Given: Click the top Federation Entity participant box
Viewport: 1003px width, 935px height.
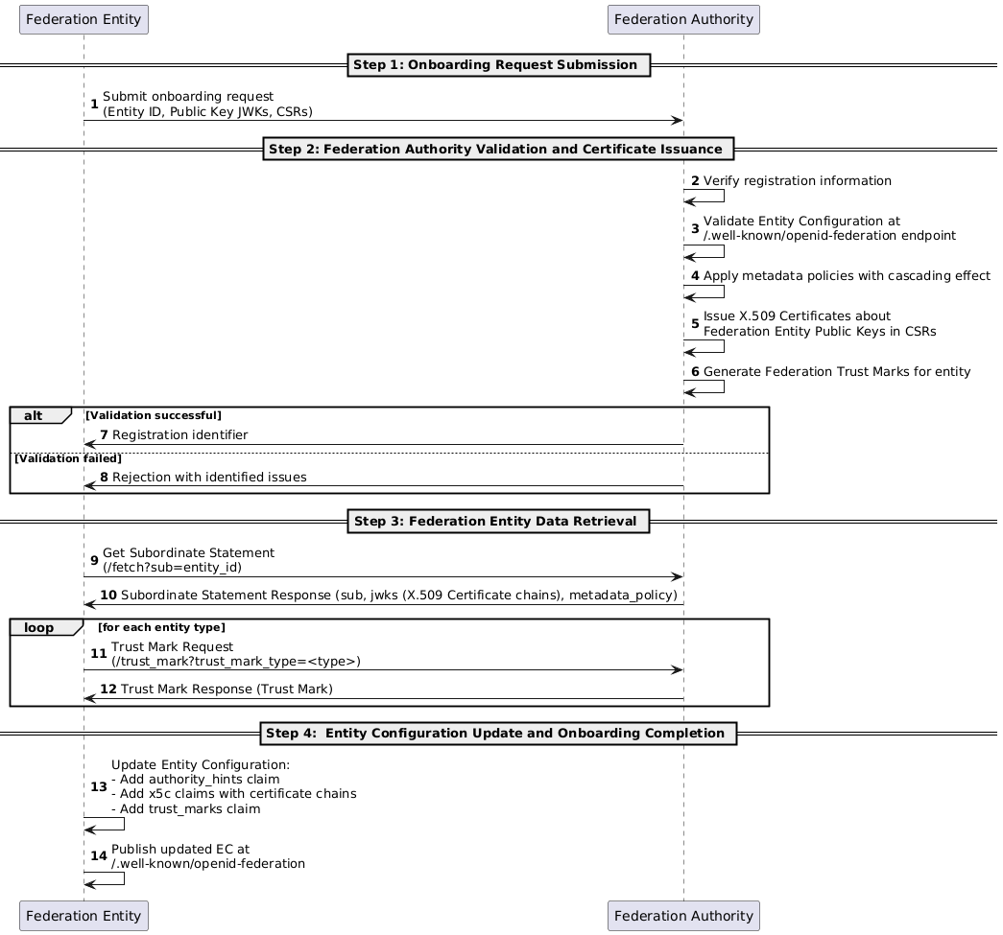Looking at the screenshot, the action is [x=84, y=20].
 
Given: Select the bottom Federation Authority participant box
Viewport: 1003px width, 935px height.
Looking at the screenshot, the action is [x=683, y=916].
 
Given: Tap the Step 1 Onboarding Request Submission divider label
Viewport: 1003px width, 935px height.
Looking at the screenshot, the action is [x=498, y=65].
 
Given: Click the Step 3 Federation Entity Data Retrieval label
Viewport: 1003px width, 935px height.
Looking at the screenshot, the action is [x=498, y=522].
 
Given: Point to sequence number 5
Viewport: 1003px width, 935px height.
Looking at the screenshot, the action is [x=695, y=324].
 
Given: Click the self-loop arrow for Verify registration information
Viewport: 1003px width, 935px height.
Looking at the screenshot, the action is [x=724, y=197].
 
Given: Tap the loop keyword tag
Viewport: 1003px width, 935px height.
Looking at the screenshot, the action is [x=39, y=627].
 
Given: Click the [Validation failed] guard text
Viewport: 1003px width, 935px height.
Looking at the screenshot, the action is [x=68, y=459].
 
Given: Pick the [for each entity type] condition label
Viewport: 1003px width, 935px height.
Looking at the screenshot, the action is [x=162, y=627].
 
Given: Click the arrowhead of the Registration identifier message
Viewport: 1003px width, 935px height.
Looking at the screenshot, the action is [x=89, y=444].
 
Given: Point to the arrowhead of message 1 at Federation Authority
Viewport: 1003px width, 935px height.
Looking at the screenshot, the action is [x=678, y=120].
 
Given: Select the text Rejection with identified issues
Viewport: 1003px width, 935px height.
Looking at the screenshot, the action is [x=209, y=478].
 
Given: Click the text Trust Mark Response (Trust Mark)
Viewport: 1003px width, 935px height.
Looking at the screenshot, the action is [x=227, y=689].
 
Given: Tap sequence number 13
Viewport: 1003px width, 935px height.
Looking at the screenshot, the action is [x=99, y=786].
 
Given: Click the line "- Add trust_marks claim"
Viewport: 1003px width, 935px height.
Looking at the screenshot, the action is [x=185, y=809].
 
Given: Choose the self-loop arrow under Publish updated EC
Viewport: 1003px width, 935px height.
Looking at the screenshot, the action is [x=124, y=878].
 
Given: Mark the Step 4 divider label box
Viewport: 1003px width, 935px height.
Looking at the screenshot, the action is [x=498, y=734].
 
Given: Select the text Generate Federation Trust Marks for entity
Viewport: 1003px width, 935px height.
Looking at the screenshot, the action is [x=837, y=372].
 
